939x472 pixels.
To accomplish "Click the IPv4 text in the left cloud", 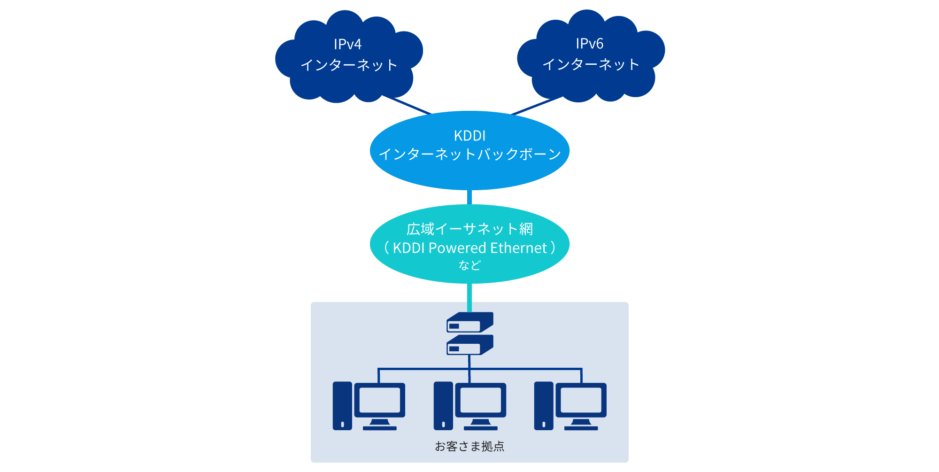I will [x=347, y=45].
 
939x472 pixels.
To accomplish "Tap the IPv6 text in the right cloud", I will [x=589, y=44].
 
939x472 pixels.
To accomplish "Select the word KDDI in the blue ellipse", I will [x=469, y=136].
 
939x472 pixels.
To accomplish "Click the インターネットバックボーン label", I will [x=469, y=154].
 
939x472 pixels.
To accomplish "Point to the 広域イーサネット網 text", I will [x=469, y=229].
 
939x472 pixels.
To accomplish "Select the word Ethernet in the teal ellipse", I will [x=519, y=248].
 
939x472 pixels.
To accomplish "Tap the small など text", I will [x=469, y=265].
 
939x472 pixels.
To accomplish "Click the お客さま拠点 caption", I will [x=469, y=446].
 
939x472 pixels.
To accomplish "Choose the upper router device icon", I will [x=469, y=323].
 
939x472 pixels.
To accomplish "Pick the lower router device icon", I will [x=469, y=345].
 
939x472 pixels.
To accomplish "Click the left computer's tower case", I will [x=342, y=406].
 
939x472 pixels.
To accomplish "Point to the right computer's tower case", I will [x=544, y=406].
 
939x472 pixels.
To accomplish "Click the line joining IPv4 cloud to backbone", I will [x=407, y=105].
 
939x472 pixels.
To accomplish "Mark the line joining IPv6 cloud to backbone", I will [x=537, y=106].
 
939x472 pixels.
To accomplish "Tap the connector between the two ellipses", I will [x=469, y=197].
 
